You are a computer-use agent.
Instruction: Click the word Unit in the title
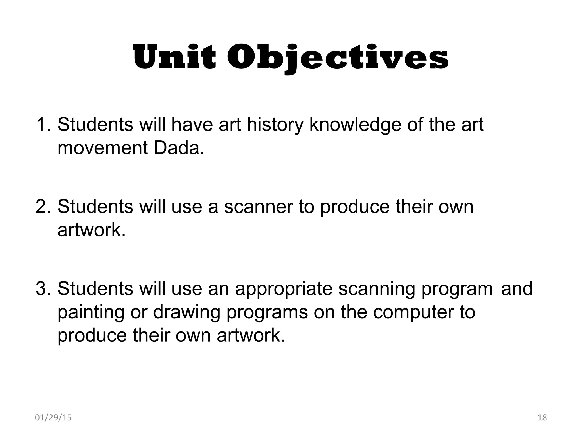point(174,58)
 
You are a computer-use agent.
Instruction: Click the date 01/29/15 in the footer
point(53,418)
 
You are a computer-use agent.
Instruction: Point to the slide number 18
point(542,418)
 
